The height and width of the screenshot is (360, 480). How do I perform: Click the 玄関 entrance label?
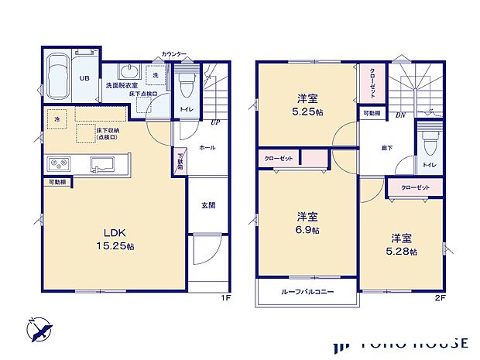click(x=207, y=205)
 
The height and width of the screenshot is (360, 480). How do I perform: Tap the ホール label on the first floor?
click(x=207, y=147)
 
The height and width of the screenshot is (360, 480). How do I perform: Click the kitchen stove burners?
click(x=60, y=163)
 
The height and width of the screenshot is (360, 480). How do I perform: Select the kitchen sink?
click(x=102, y=163)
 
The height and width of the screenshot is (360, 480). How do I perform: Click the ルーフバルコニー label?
click(x=308, y=293)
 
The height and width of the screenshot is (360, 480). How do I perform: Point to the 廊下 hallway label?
click(x=387, y=147)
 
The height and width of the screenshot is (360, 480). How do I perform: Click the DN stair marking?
click(x=400, y=116)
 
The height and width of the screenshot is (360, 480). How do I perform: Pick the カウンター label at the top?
click(x=173, y=53)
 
